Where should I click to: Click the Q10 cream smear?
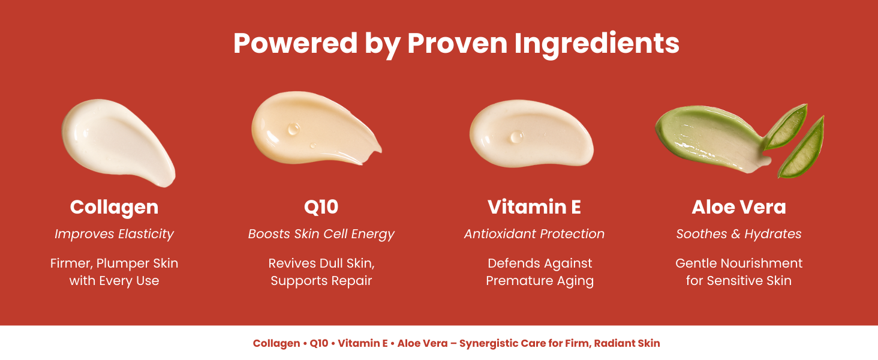point(316,128)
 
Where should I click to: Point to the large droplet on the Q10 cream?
point(293,128)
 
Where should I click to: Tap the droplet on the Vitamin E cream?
point(516,136)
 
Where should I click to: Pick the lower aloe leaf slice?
point(802,149)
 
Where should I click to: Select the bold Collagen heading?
point(114,208)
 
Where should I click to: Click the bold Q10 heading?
point(321,207)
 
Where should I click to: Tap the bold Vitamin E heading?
point(534,207)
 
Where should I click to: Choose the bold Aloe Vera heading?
point(739,207)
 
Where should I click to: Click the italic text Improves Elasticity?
point(114,234)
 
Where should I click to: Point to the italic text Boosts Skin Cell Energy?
point(321,234)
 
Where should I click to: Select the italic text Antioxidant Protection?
point(534,234)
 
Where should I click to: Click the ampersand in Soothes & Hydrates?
point(736,234)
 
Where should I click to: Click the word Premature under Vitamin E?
point(519,281)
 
